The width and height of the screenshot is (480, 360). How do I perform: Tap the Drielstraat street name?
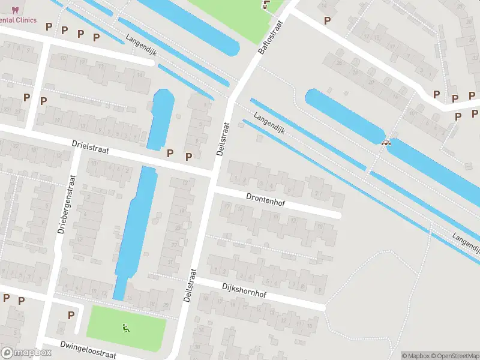pos(90,148)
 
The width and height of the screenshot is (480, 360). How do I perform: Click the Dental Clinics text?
pos(18,20)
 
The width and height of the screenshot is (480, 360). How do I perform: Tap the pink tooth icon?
pos(16,9)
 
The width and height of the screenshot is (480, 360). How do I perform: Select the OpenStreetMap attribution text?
pos(455,356)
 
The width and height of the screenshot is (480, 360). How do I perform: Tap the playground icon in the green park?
pos(126,328)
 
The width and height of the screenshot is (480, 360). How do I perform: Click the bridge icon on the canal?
pos(386,142)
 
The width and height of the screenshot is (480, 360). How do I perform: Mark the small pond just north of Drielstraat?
pos(159,119)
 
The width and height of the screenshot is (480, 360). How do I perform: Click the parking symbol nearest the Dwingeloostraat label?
pos(71,315)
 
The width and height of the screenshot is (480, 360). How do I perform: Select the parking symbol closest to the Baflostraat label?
pos(327,20)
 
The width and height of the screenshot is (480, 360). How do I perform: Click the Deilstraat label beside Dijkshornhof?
pos(190,285)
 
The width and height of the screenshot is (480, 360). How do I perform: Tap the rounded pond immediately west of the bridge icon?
pos(344,116)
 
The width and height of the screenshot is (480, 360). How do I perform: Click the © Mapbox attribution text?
pos(416,356)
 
